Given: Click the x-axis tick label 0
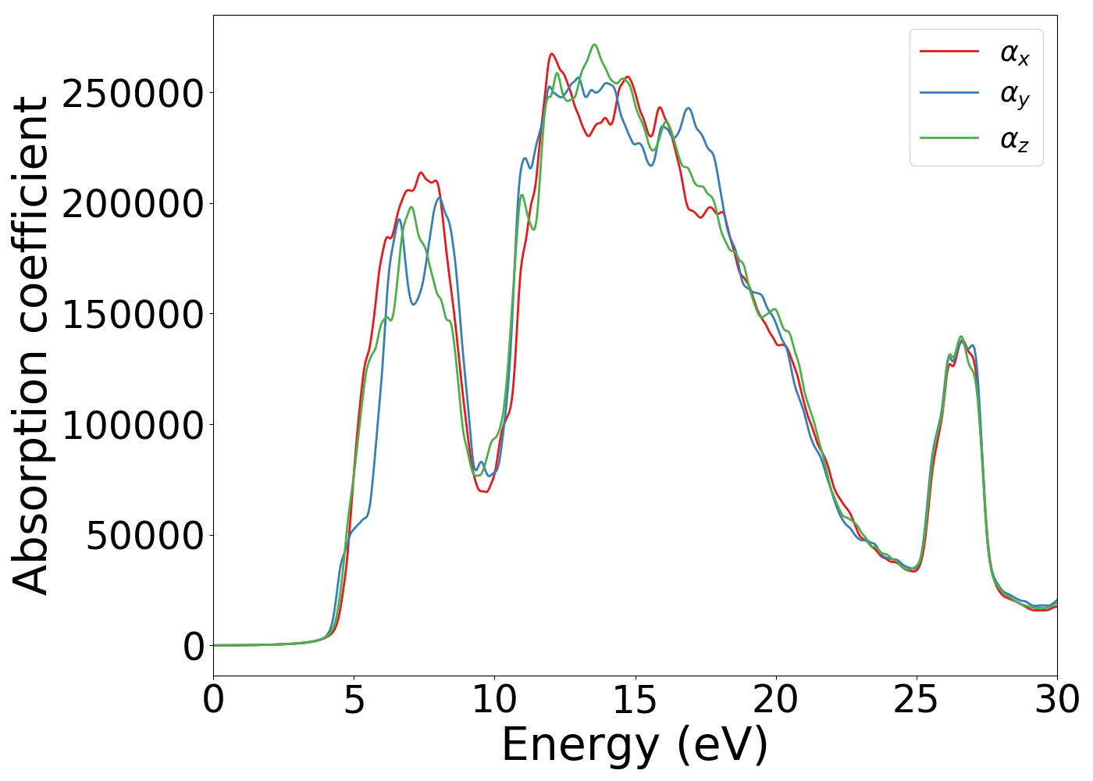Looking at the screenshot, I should (213, 700).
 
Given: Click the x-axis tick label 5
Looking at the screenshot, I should (354, 700).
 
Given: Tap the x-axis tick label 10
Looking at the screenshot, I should (494, 700).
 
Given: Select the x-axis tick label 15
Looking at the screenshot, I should (635, 700).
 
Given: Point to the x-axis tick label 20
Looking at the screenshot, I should (775, 700).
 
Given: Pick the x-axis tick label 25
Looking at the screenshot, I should (916, 700).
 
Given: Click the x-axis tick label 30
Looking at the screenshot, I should (1056, 700).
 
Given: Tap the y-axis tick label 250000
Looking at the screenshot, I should (133, 95).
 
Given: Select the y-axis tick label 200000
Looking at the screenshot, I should (133, 205).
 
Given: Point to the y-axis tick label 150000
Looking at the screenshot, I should (133, 316).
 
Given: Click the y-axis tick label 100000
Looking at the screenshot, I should (133, 426).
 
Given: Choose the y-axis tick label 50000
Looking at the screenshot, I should (144, 537).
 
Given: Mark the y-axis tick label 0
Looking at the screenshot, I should (194, 647).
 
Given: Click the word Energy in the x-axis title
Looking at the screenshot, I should (579, 745).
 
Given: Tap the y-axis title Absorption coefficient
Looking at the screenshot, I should (31, 345).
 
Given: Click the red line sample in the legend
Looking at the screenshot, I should (949, 51).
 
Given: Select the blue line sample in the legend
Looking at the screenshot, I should (949, 93).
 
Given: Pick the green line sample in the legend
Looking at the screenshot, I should (949, 137).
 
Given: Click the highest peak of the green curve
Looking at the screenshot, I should (595, 45).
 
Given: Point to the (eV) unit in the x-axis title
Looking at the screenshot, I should (722, 745).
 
